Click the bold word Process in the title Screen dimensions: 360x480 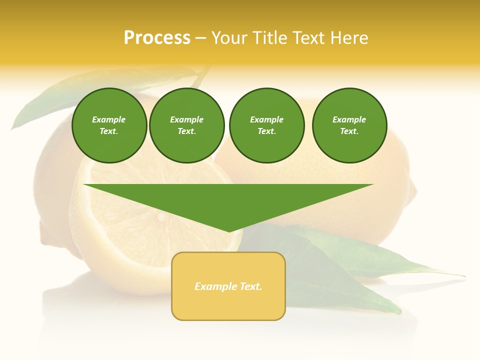tap(157, 38)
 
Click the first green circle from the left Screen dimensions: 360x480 tap(109, 125)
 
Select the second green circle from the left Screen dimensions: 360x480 tap(186, 125)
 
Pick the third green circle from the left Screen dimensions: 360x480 tap(266, 125)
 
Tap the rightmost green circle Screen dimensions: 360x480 tap(349, 125)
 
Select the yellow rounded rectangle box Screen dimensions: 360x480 tap(228, 286)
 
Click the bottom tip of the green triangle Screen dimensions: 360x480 tap(229, 231)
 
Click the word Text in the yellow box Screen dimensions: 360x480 tap(251, 286)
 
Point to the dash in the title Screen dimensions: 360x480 tap(200, 38)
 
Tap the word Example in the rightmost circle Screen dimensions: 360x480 tap(349, 119)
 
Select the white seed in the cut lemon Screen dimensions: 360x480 tap(161, 216)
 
